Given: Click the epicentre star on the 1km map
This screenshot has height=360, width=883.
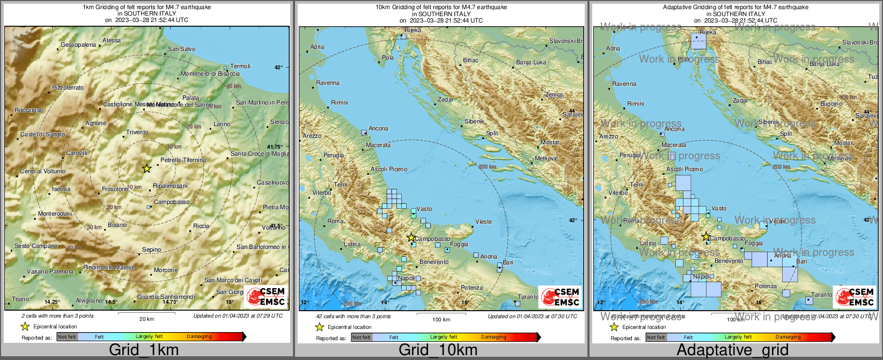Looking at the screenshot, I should tap(146, 168).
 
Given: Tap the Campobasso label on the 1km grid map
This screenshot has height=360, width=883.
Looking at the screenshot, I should tap(171, 202).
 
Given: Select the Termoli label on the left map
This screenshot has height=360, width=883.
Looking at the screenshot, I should tap(240, 66).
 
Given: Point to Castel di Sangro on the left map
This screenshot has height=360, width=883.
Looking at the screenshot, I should tap(42, 135).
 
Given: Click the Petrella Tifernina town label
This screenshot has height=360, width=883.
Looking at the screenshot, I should tap(183, 160).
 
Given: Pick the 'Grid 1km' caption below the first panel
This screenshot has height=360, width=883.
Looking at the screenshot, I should tap(144, 350).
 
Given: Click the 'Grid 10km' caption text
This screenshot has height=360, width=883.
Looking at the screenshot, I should tap(438, 350).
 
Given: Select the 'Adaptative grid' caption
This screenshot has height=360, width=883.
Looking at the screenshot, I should tap(732, 350).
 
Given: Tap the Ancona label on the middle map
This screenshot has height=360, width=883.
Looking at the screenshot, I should tap(378, 129).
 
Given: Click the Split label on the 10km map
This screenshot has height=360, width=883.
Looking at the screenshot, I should tap(491, 133).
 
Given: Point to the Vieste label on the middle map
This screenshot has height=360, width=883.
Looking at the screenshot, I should tap(483, 222).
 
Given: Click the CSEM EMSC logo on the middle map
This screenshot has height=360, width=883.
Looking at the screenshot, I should tap(560, 297).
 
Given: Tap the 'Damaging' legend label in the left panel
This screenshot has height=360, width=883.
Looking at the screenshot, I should tap(199, 336).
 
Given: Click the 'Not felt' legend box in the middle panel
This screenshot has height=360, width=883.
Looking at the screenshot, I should tap(361, 337).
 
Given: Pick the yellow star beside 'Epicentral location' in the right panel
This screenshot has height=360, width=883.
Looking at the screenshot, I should tap(614, 327).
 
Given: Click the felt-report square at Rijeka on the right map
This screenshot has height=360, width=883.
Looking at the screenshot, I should tap(698, 41).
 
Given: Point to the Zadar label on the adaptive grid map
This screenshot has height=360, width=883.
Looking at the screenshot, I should tap(740, 100).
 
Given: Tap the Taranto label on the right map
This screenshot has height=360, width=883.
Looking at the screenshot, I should tap(821, 295).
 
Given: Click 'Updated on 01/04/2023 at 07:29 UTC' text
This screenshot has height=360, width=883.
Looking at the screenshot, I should tap(238, 316).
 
